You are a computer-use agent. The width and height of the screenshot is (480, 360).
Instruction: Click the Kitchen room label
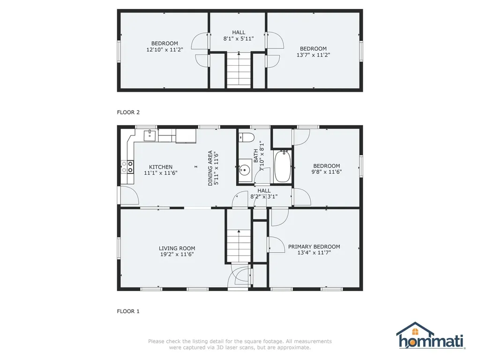pos(161,167)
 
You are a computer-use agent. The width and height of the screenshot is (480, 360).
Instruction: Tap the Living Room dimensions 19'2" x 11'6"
pos(177,255)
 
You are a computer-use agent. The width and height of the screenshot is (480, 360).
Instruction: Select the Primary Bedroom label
pos(314,247)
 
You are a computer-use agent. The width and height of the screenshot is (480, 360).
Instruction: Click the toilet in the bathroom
pos(246,138)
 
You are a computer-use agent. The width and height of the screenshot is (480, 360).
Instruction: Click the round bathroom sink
pos(245,170)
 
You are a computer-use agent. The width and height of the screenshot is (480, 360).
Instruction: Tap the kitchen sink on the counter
pos(150,135)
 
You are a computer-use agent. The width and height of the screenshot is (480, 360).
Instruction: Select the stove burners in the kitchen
pos(127,167)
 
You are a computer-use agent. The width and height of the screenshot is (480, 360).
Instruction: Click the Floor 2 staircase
pos(239,70)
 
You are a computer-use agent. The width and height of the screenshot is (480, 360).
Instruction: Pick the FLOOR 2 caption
pos(128,112)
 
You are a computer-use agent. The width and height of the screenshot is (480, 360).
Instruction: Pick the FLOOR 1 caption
pos(128,311)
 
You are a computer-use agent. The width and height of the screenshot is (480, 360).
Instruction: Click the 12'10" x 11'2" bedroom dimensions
pos(165,50)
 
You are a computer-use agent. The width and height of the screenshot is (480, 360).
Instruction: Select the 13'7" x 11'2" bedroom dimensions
pos(313,55)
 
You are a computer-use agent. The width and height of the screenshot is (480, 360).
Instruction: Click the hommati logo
pos(431,336)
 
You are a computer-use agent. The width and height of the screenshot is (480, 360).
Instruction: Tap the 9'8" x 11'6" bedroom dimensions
pos(327,172)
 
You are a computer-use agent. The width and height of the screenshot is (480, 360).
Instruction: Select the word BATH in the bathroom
pos(256,156)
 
